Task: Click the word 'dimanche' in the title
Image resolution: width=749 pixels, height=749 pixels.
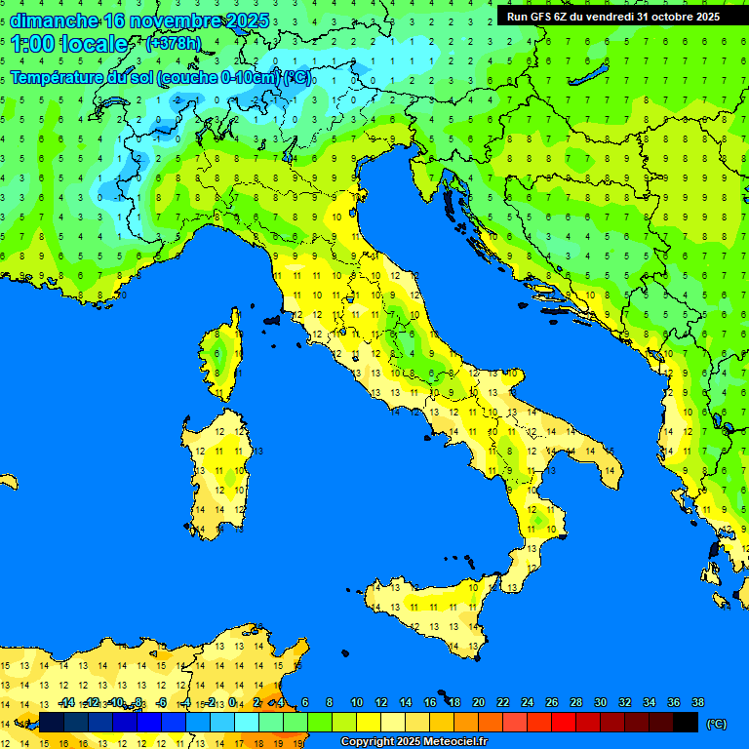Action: click(x=54, y=20)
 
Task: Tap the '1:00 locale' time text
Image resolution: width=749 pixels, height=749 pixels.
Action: click(x=69, y=44)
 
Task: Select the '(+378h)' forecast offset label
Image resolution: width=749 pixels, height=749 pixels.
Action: click(x=174, y=44)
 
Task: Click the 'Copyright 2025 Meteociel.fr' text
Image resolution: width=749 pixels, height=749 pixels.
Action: click(x=414, y=742)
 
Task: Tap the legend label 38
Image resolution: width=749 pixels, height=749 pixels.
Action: click(x=697, y=702)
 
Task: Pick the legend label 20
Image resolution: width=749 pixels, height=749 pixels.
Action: click(x=478, y=702)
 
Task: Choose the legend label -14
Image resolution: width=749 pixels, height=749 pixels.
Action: click(x=66, y=702)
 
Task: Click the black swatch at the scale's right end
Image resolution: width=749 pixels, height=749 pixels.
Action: click(x=686, y=722)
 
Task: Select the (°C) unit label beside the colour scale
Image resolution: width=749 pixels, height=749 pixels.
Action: click(x=716, y=724)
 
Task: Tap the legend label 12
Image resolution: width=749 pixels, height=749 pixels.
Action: click(x=381, y=702)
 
